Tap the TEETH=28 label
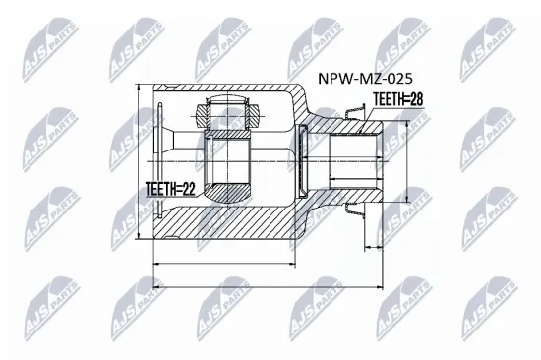click(396, 97)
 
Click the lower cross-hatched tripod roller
click(227, 192)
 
